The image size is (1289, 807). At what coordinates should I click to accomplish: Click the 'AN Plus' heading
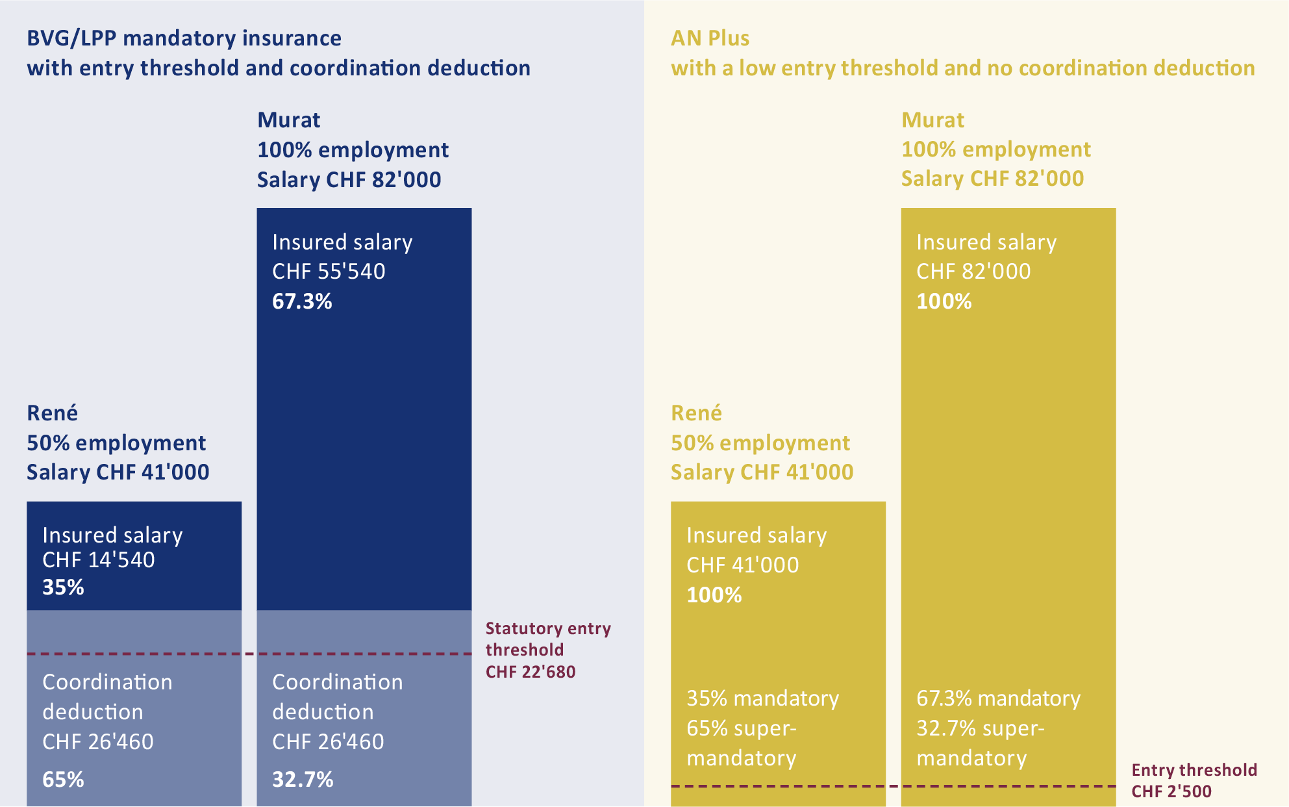pyautogui.click(x=710, y=38)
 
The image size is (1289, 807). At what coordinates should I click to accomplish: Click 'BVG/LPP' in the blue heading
pyautogui.click(x=71, y=38)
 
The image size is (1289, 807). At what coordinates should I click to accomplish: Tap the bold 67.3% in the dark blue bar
pyautogui.click(x=302, y=301)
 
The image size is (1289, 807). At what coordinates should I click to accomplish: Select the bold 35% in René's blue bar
pyautogui.click(x=63, y=587)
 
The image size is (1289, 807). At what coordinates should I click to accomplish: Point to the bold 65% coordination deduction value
pyautogui.click(x=63, y=779)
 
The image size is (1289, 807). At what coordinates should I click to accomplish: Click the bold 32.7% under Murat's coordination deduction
pyautogui.click(x=303, y=779)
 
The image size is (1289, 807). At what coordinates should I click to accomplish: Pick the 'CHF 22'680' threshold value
pyautogui.click(x=531, y=672)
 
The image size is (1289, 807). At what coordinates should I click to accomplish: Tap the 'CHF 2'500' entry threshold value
pyautogui.click(x=1171, y=791)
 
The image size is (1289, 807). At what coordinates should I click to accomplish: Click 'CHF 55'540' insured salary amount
pyautogui.click(x=329, y=272)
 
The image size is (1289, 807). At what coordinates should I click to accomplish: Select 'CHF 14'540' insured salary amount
pyautogui.click(x=99, y=560)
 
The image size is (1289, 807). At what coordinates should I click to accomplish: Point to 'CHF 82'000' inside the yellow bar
pyautogui.click(x=973, y=272)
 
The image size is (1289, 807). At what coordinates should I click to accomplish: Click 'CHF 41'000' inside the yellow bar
pyautogui.click(x=743, y=565)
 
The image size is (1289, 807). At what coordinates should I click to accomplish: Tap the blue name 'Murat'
pyautogui.click(x=289, y=120)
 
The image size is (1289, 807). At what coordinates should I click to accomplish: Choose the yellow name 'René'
pyautogui.click(x=696, y=413)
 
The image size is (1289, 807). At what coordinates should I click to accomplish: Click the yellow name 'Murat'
pyautogui.click(x=932, y=120)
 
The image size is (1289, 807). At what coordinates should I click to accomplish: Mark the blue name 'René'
pyautogui.click(x=52, y=413)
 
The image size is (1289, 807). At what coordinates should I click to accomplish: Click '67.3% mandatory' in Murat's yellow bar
pyautogui.click(x=998, y=698)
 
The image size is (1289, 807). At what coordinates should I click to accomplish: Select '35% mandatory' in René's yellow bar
pyautogui.click(x=762, y=698)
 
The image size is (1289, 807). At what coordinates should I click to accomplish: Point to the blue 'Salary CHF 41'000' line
pyautogui.click(x=118, y=472)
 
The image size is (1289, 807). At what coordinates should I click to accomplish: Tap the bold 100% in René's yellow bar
pyautogui.click(x=714, y=595)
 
